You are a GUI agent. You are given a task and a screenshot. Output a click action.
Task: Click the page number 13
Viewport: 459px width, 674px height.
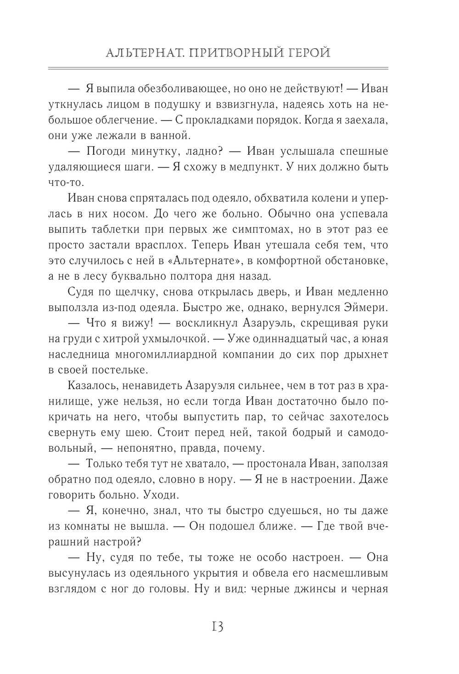click(217, 626)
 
